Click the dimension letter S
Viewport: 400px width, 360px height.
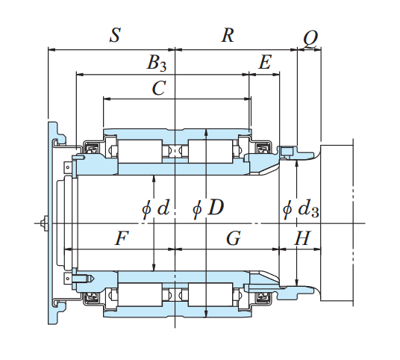pos(115,35)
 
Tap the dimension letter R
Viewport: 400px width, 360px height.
pos(228,35)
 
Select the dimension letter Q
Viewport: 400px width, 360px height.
pos(310,39)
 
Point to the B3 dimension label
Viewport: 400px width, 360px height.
pos(157,63)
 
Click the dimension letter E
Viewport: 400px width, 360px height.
pos(265,62)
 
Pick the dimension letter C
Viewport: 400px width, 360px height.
pos(159,88)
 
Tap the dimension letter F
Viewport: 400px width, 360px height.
pos(122,238)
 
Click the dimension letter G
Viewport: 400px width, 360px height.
pos(234,238)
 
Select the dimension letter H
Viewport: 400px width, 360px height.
pos(302,238)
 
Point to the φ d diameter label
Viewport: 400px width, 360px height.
pos(156,208)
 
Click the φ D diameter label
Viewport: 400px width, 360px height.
pos(208,208)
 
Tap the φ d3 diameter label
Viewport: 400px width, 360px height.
pos(301,209)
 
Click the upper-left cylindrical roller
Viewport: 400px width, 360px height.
pos(140,151)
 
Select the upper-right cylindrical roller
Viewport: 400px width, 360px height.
pos(210,151)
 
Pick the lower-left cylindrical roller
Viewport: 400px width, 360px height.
pos(140,294)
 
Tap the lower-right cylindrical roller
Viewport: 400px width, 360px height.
pos(210,294)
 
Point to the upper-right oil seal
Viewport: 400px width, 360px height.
pos(263,149)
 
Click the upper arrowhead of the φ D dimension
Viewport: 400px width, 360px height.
pos(206,132)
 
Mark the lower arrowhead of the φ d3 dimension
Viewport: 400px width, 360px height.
pos(297,282)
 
